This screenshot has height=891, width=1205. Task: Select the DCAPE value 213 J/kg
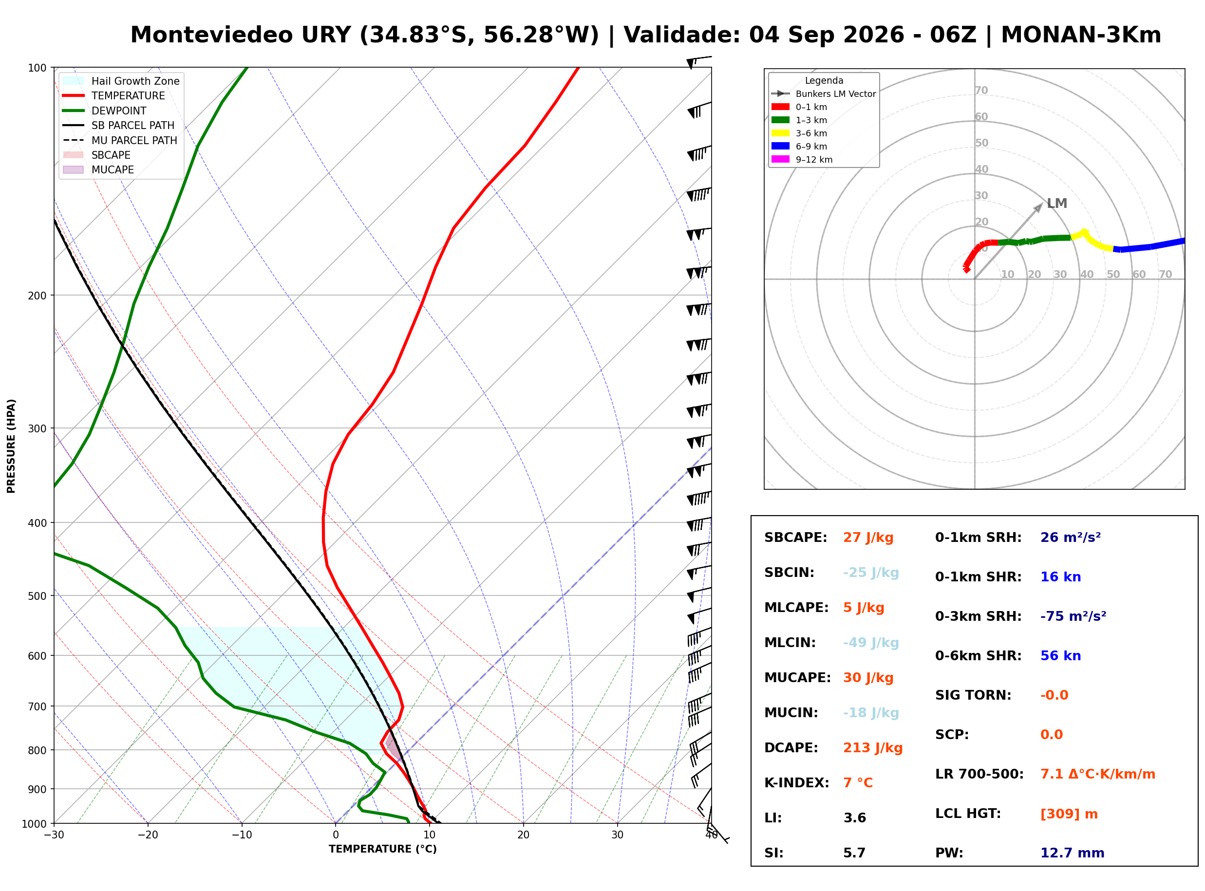pyautogui.click(x=873, y=748)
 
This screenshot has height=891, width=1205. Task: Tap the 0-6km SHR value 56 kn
pyautogui.click(x=1060, y=656)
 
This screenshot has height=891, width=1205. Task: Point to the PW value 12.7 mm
pyautogui.click(x=1073, y=853)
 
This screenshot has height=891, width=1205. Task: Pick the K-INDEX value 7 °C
pyautogui.click(x=858, y=783)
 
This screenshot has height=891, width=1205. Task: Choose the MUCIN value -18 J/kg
pyautogui.click(x=871, y=713)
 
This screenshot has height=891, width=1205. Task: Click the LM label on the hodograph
pyautogui.click(x=1056, y=204)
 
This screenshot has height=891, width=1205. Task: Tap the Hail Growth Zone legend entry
pyautogui.click(x=121, y=81)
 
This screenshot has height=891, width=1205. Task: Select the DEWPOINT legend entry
pyautogui.click(x=105, y=111)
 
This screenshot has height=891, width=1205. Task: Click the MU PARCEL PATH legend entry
pyautogui.click(x=120, y=140)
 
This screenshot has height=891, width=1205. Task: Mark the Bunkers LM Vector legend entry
pyautogui.click(x=823, y=94)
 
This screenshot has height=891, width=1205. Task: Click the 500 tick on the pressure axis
pyautogui.click(x=37, y=596)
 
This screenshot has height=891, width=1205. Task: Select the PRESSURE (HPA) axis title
pyautogui.click(x=11, y=446)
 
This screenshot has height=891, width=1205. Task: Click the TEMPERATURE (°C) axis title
pyautogui.click(x=382, y=849)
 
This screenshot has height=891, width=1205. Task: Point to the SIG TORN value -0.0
pyautogui.click(x=1054, y=695)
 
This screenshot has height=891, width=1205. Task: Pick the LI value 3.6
pyautogui.click(x=854, y=818)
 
